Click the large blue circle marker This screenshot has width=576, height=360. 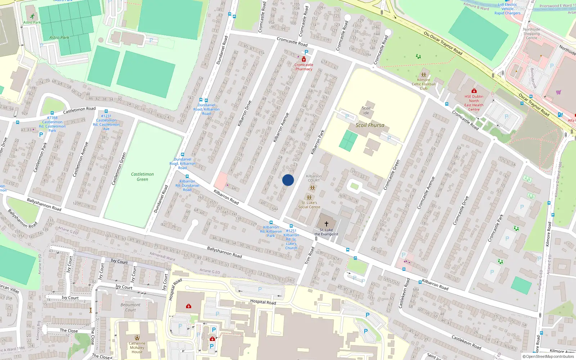[x=288, y=180]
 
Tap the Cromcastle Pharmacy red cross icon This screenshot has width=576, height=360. [x=304, y=59]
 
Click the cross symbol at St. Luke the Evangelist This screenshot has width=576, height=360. [x=327, y=224]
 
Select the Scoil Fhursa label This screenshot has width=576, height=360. [x=370, y=125]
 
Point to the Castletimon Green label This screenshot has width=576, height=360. [x=142, y=176]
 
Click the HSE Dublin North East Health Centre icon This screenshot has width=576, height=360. [x=474, y=91]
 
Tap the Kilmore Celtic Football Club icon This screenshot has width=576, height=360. [x=424, y=75]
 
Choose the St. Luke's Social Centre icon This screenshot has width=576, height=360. [x=309, y=198]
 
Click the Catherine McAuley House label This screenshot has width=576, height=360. [x=137, y=347]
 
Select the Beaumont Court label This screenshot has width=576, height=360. [x=131, y=307]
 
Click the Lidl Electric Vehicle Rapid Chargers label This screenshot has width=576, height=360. [x=507, y=9]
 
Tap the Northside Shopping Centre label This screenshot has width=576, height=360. [x=531, y=33]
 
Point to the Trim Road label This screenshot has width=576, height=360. [x=309, y=256]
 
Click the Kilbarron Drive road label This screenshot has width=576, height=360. [x=244, y=113]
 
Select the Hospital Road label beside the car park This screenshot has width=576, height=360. [x=263, y=302]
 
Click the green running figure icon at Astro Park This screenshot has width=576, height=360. [x=32, y=16]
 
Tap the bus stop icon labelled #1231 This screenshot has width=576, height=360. [x=106, y=112]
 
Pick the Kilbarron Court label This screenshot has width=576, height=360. [x=314, y=178]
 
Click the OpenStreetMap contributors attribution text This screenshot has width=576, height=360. [x=548, y=356]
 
